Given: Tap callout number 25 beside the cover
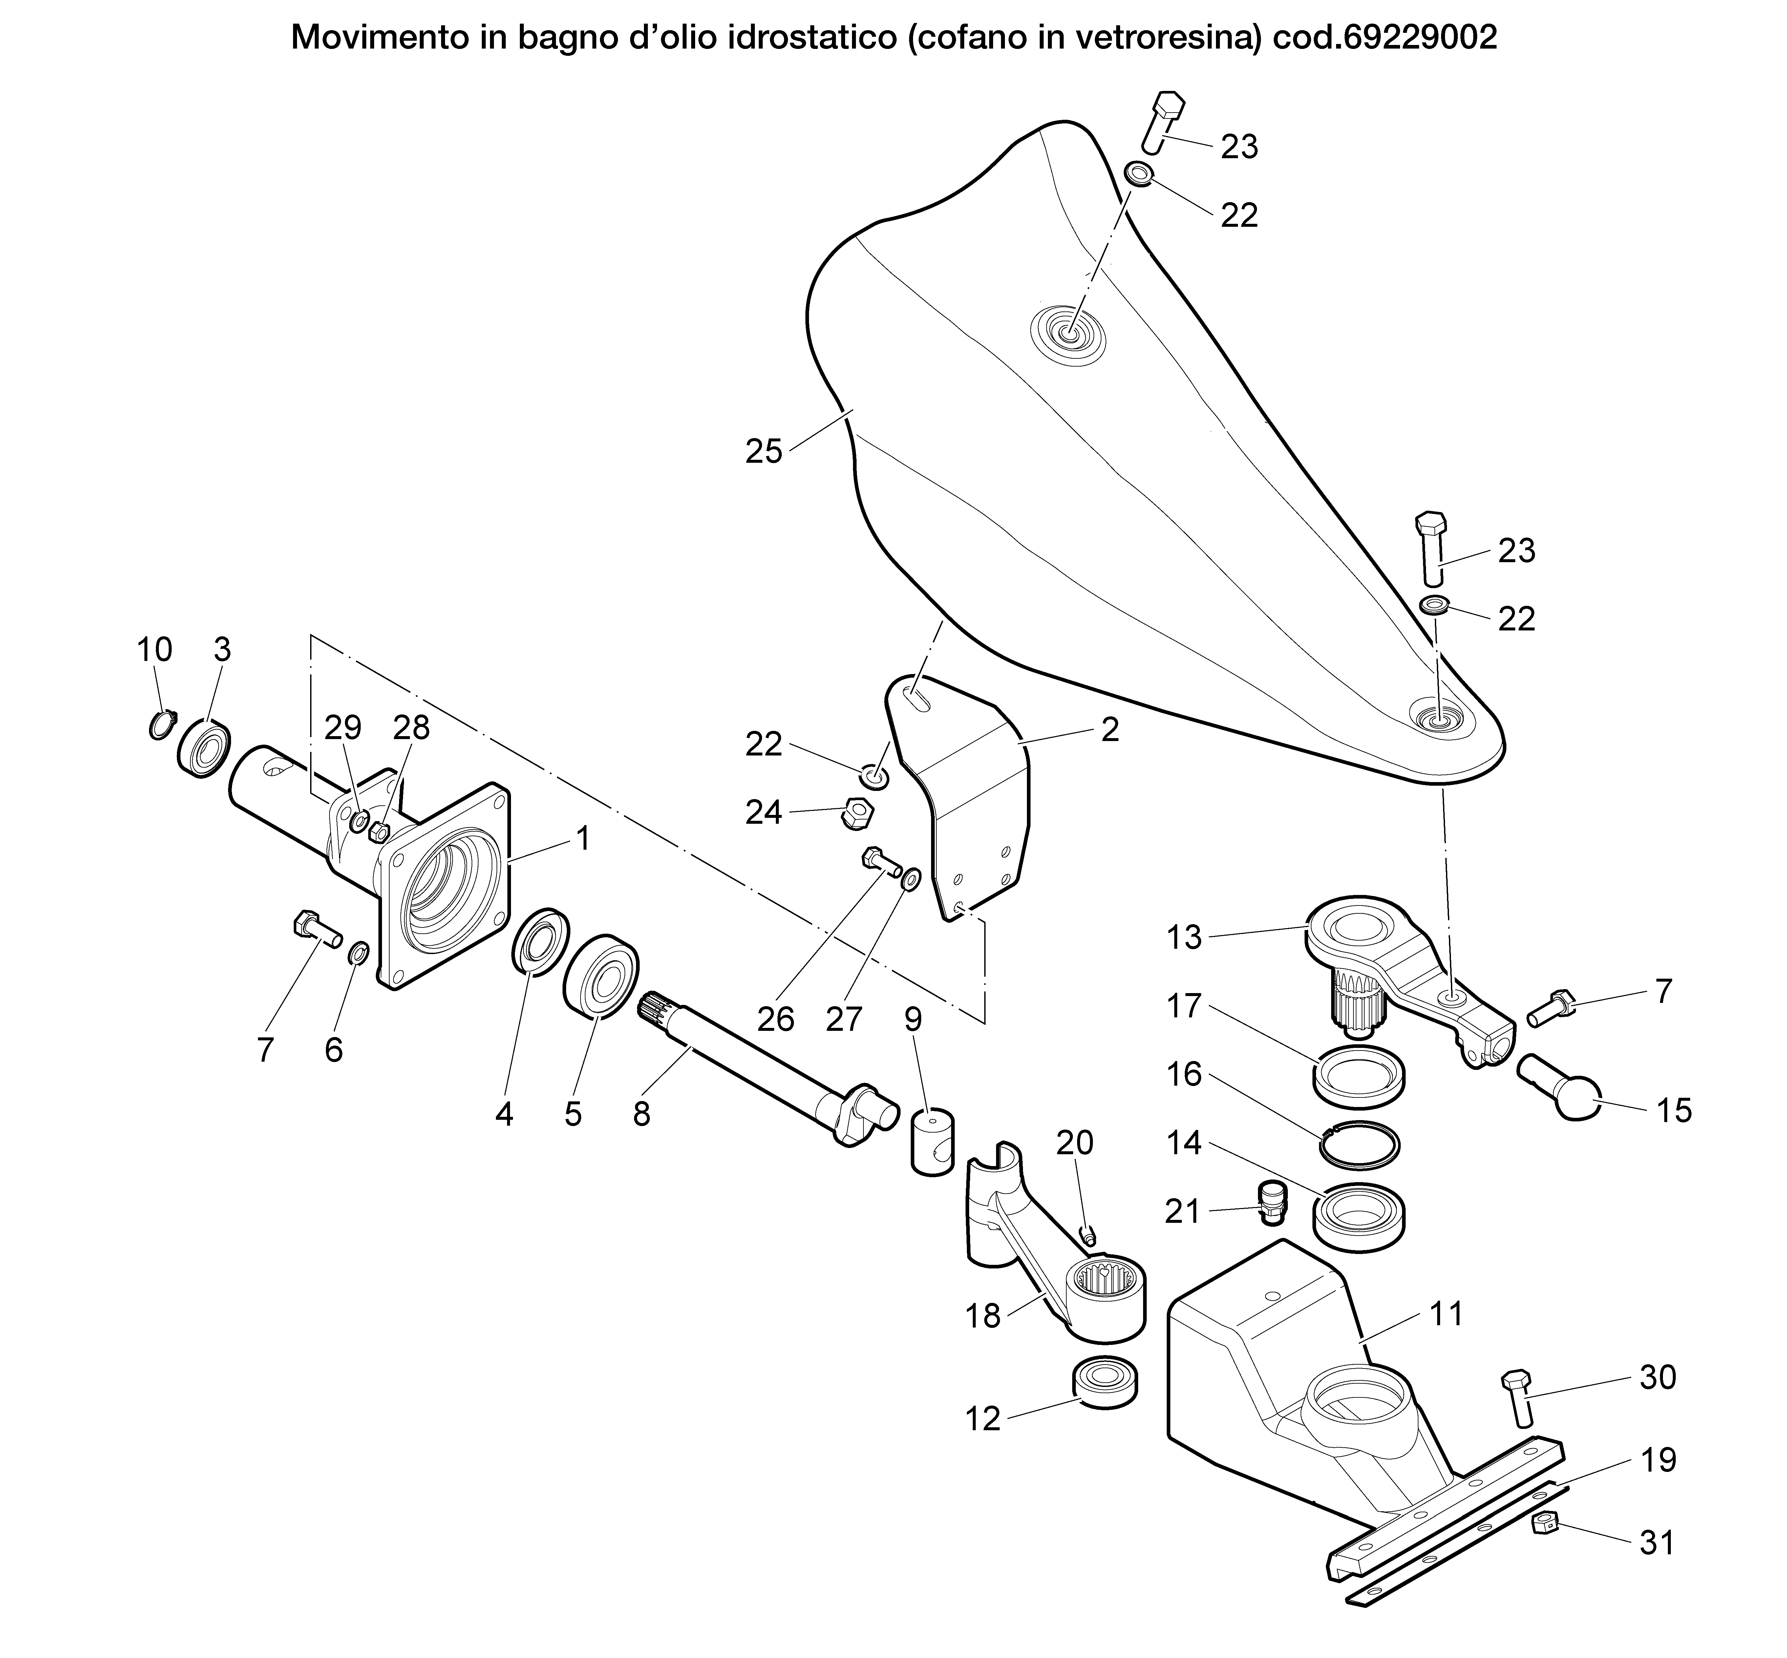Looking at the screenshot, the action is pyautogui.click(x=763, y=451).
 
